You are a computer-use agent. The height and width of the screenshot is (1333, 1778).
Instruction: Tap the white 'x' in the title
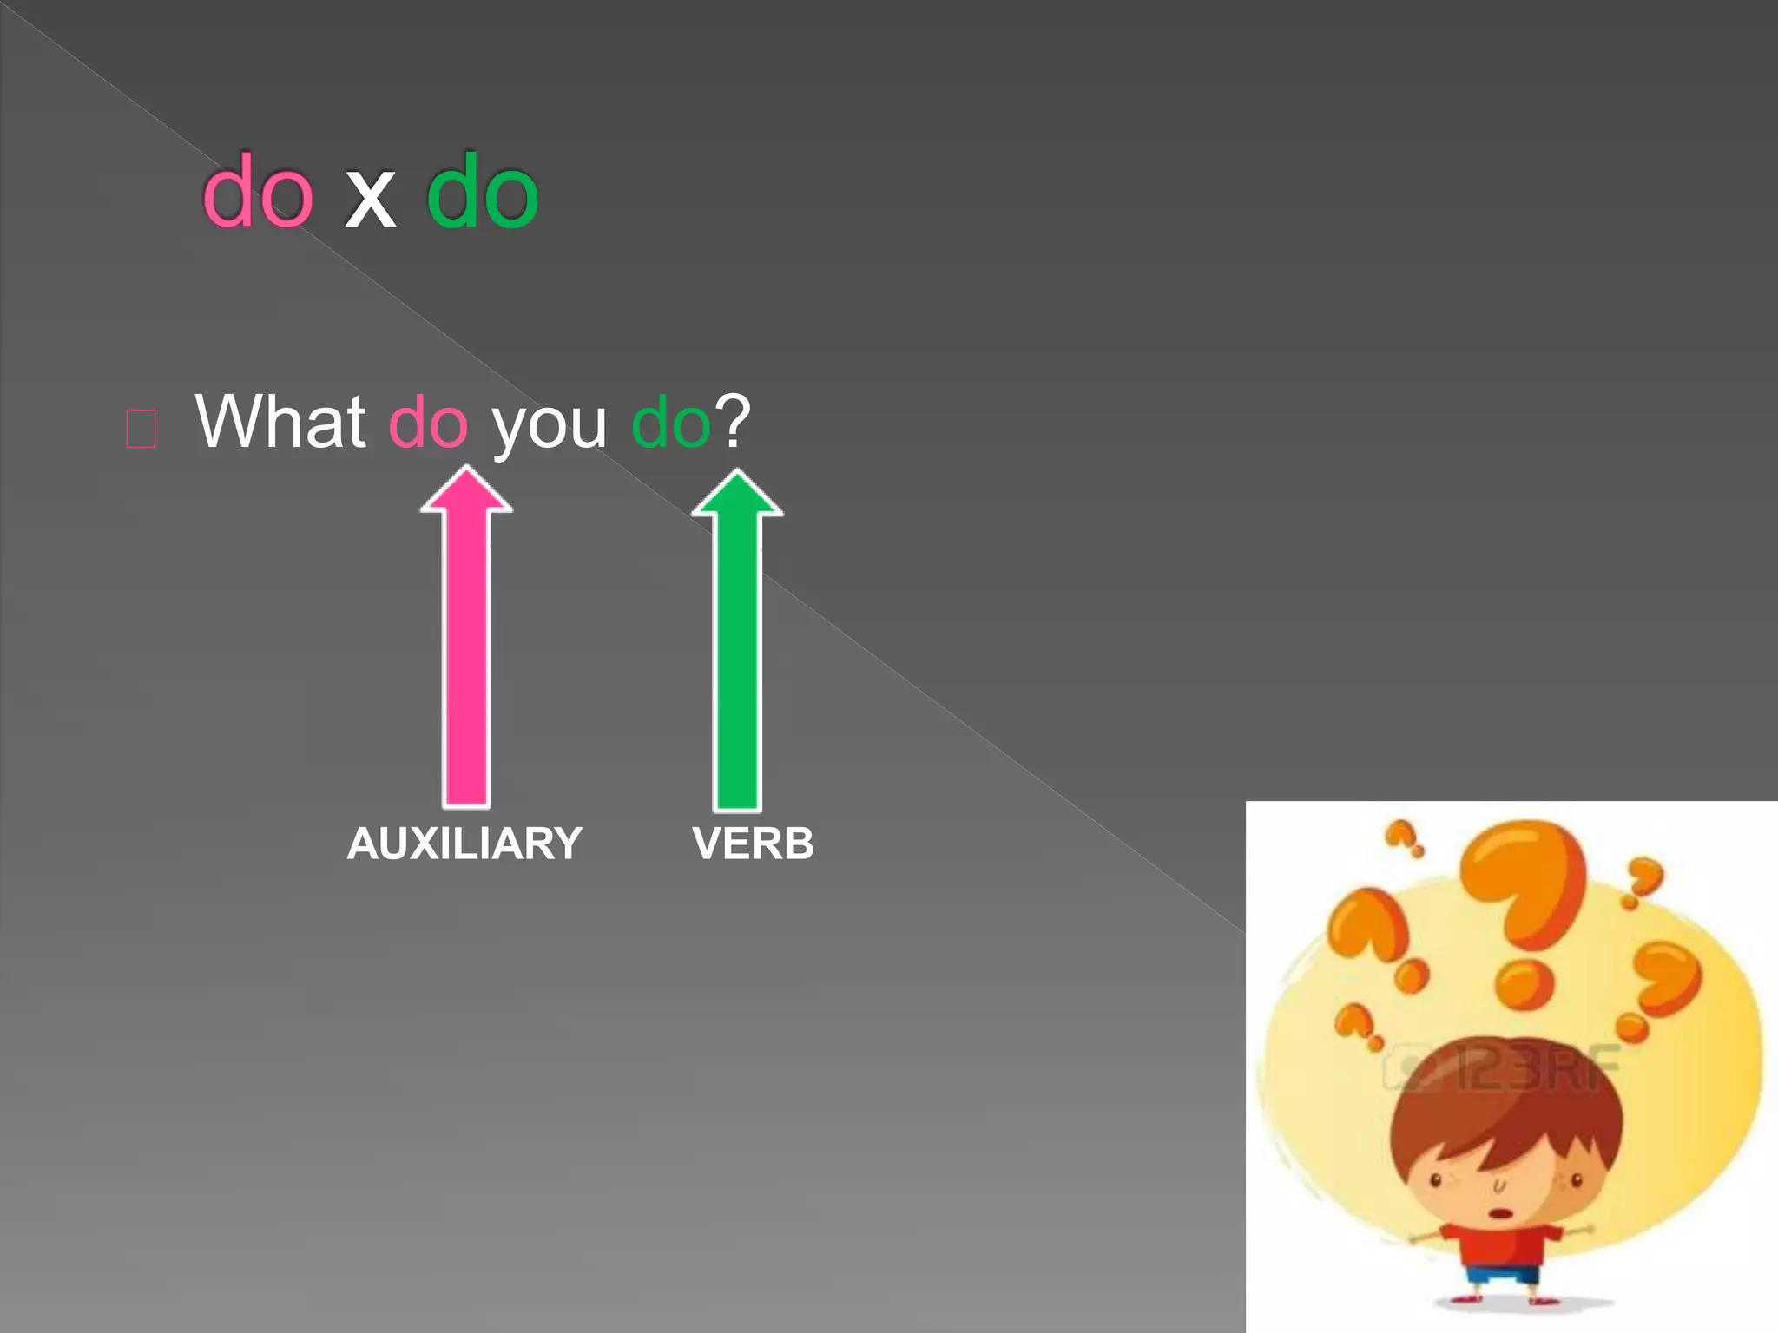click(x=370, y=200)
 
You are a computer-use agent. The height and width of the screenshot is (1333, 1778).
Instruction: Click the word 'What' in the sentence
click(x=280, y=423)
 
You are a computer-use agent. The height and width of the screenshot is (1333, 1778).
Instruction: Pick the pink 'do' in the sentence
click(x=428, y=423)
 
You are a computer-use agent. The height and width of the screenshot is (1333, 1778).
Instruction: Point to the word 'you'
click(x=549, y=427)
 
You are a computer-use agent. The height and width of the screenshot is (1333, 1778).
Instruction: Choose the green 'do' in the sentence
click(x=670, y=423)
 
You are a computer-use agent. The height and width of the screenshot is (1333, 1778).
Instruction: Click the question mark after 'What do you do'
click(x=731, y=421)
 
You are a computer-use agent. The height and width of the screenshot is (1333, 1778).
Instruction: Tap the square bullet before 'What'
click(x=141, y=429)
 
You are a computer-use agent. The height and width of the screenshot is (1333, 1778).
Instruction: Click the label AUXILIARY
click(x=464, y=844)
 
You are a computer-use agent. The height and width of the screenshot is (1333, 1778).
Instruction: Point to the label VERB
click(x=753, y=844)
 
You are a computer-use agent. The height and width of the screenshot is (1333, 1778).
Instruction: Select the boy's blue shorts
click(x=1502, y=1277)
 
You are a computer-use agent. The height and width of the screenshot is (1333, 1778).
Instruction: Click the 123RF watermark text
click(x=1537, y=1068)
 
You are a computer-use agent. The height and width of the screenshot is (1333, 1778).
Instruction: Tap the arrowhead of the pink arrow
click(x=467, y=491)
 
